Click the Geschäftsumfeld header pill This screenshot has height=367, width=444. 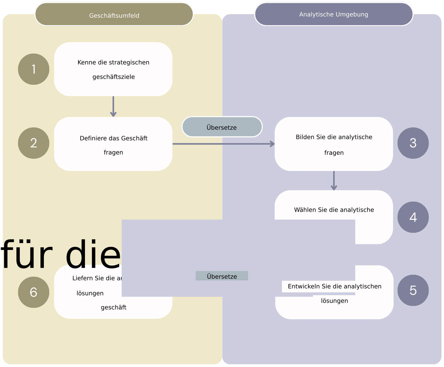[x=114, y=14]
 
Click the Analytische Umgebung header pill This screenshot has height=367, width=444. [x=334, y=14]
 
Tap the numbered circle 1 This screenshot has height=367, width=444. [x=34, y=69]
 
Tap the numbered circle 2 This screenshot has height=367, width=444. [x=34, y=143]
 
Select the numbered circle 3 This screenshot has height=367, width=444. [x=413, y=143]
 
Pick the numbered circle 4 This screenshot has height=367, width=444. [x=413, y=217]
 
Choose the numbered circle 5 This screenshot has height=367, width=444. [x=413, y=290]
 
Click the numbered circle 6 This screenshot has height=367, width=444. [x=34, y=292]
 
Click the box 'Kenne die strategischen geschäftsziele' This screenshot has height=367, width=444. [x=113, y=69]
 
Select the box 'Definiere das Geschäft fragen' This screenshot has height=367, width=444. [x=113, y=144]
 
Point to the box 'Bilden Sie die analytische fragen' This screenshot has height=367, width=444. [x=334, y=144]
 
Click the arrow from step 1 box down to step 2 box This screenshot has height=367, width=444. [x=113, y=107]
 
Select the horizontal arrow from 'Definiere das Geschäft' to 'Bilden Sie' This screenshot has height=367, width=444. [x=223, y=144]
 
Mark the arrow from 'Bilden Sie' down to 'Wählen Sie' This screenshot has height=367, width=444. [x=334, y=181]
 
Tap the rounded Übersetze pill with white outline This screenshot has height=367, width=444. [x=222, y=127]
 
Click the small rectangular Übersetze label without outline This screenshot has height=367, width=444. [x=222, y=276]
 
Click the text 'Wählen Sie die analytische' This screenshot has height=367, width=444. [x=334, y=210]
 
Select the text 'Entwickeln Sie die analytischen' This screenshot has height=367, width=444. [x=335, y=286]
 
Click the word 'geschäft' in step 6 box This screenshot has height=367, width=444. [x=114, y=307]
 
